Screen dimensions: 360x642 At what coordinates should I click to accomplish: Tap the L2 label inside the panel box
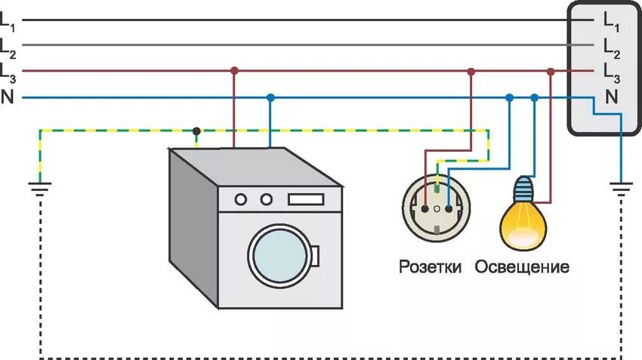click(x=610, y=48)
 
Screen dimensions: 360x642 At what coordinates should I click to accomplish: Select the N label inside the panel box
click(x=610, y=96)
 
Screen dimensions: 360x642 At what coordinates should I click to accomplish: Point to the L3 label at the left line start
click(x=8, y=72)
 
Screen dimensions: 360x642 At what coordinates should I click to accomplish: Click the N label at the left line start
click(x=7, y=97)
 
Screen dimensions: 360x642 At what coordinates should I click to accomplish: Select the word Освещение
click(x=522, y=267)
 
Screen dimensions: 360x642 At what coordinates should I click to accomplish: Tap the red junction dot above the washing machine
click(x=234, y=71)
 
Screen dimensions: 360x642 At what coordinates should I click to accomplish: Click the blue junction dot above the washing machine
click(x=270, y=97)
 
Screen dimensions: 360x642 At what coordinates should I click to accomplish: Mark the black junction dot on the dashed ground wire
click(x=196, y=130)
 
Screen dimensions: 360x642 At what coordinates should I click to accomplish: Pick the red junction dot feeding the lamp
click(x=551, y=71)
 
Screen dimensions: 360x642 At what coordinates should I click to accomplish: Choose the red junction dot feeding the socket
click(x=471, y=71)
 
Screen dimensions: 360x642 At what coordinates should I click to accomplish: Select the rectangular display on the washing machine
click(x=305, y=199)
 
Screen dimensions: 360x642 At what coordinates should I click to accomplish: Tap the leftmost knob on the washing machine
click(x=241, y=199)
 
